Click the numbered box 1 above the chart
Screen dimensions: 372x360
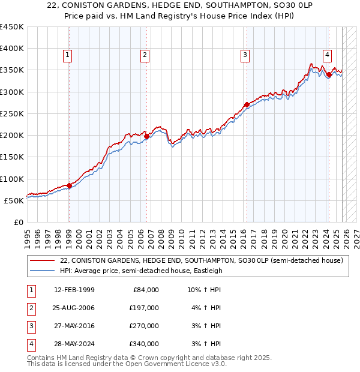[68, 55]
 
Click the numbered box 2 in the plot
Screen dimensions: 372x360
[145, 55]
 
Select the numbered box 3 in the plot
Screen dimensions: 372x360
[245, 55]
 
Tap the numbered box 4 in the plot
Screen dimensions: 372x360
[327, 55]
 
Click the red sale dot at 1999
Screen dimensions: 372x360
[69, 185]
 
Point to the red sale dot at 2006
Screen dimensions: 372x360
[147, 137]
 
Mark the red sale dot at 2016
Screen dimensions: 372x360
[247, 105]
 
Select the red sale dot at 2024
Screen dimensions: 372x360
[329, 75]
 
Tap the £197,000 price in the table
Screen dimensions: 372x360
[144, 308]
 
